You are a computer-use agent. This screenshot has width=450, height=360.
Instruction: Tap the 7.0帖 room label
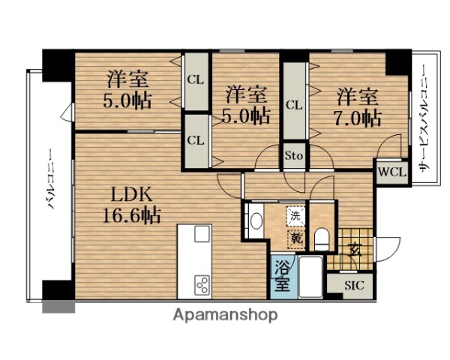(358, 106)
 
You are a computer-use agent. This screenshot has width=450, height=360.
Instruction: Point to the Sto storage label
(293, 157)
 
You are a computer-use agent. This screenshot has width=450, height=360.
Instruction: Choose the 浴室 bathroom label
(282, 274)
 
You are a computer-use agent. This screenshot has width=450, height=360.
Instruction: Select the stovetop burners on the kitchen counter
(202, 283)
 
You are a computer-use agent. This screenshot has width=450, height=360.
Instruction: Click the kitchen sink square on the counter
(202, 234)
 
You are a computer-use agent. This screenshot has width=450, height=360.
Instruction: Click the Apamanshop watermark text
(225, 315)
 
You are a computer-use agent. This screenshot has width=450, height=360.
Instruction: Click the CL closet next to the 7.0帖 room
(293, 105)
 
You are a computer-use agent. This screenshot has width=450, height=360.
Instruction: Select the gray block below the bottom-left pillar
(58, 306)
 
